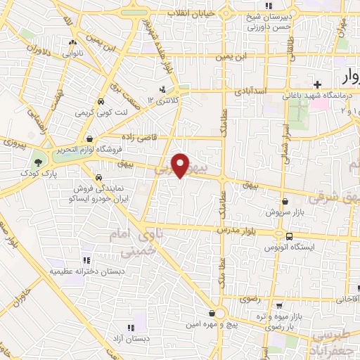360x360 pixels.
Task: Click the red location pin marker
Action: coord(181,165)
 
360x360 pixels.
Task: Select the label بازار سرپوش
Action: coord(284,211)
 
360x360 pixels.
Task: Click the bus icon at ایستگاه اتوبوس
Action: coord(289,236)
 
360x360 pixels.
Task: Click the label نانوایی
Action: coord(75,53)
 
